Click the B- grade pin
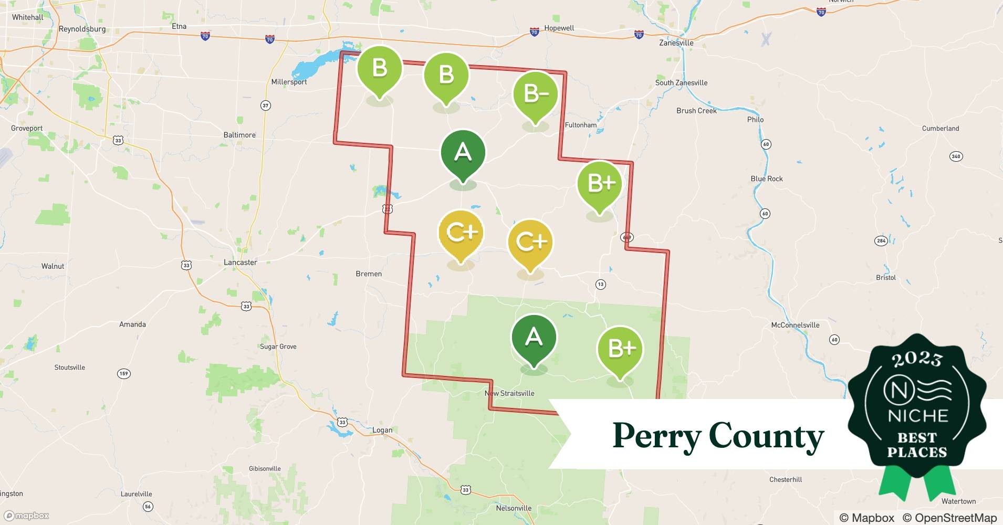535,94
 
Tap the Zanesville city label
676,43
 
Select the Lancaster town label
241,262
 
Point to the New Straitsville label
509,393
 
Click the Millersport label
289,82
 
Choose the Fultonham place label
580,125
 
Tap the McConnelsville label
795,325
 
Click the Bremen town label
369,274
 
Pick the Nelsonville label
514,508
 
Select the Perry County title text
718,436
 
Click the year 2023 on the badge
917,360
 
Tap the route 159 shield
123,374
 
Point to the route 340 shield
956,156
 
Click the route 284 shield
881,241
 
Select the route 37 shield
266,106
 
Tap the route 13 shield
600,285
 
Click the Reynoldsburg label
82,29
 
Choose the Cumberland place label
941,128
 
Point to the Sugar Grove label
278,346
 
